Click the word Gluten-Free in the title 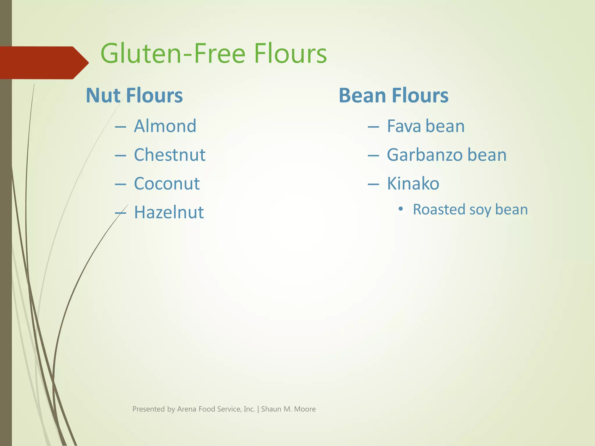pos(173,54)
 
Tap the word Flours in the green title pos(290,54)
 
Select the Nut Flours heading pos(134,96)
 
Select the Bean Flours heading pos(393,96)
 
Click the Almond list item pos(165,126)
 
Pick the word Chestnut pos(170,155)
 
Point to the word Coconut pos(167,184)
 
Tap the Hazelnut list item pos(169,212)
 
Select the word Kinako pos(413,184)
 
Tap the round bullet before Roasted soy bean pos(401,209)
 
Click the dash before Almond pos(120,127)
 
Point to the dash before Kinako pos(373,184)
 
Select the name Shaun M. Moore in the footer pos(288,409)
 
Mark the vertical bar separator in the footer pos(258,409)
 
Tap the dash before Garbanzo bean pos(373,156)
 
